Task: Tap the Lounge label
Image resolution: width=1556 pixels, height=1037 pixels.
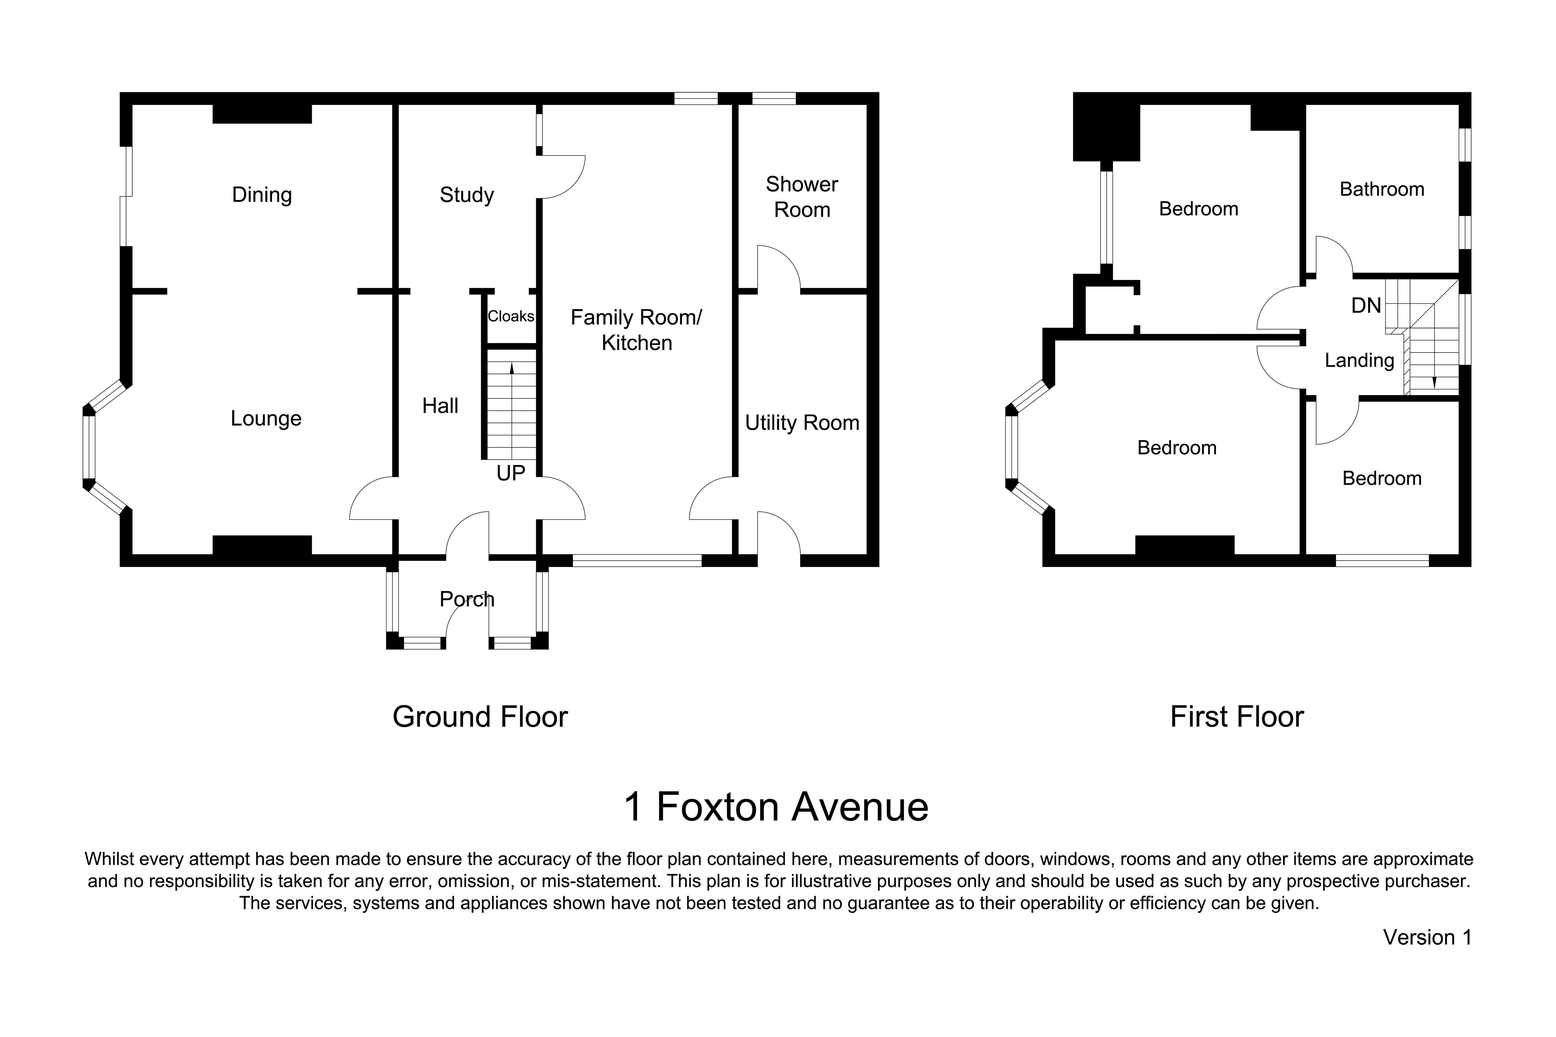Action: point(266,419)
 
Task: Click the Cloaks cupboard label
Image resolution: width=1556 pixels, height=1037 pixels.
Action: point(511,317)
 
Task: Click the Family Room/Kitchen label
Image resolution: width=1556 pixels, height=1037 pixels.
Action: point(636,330)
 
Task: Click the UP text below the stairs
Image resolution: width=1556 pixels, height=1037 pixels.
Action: point(511,474)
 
